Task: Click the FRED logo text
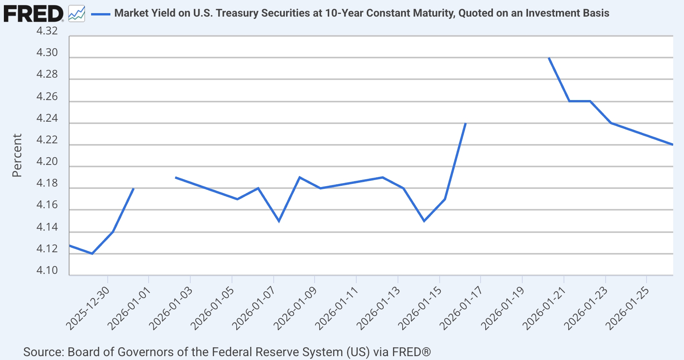pos(33,14)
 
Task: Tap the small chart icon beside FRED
pos(76,14)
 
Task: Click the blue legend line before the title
pos(101,14)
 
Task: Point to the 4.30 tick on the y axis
pos(47,53)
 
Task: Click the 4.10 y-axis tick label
pos(47,270)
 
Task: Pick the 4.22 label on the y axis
pos(47,140)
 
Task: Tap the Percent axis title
pos(17,155)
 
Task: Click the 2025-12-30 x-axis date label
pos(88,309)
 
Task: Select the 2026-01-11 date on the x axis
pos(337,309)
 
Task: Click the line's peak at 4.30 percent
pos(549,58)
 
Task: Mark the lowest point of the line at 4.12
pos(92,254)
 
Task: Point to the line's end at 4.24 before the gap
pos(466,123)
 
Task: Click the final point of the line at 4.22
pos(672,145)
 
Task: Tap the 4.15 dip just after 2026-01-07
pos(279,221)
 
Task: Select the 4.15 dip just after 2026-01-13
pos(424,221)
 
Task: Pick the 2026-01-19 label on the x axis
pos(503,309)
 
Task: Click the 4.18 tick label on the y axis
pos(47,183)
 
